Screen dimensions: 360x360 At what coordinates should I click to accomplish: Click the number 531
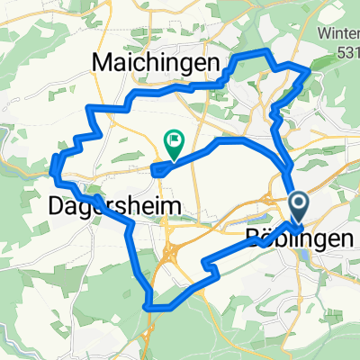[346, 53]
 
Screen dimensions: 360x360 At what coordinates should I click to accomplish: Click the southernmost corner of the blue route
[146, 308]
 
